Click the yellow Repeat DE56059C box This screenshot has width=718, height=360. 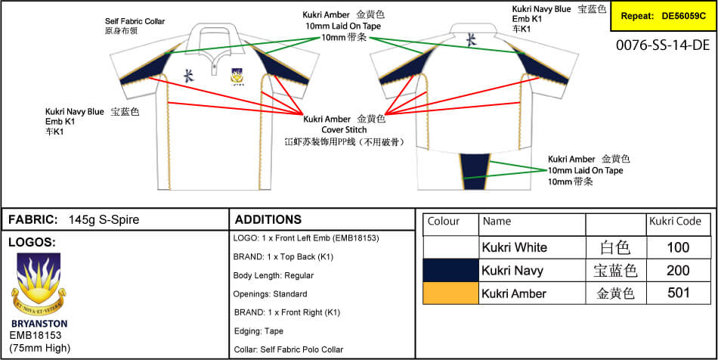(662, 15)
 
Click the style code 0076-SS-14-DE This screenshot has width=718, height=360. (663, 45)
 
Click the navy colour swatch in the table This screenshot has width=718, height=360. (450, 270)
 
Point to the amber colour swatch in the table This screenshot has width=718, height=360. (450, 293)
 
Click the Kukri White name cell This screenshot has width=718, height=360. (514, 247)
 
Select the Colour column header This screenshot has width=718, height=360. (444, 222)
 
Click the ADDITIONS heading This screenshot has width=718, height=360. (268, 220)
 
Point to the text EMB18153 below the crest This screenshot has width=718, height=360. (35, 335)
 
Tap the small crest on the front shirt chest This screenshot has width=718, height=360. (237, 76)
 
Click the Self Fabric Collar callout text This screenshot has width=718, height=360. (135, 23)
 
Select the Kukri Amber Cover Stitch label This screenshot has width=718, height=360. (344, 124)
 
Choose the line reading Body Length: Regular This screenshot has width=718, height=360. (273, 275)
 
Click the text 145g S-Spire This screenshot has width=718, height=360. (104, 220)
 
